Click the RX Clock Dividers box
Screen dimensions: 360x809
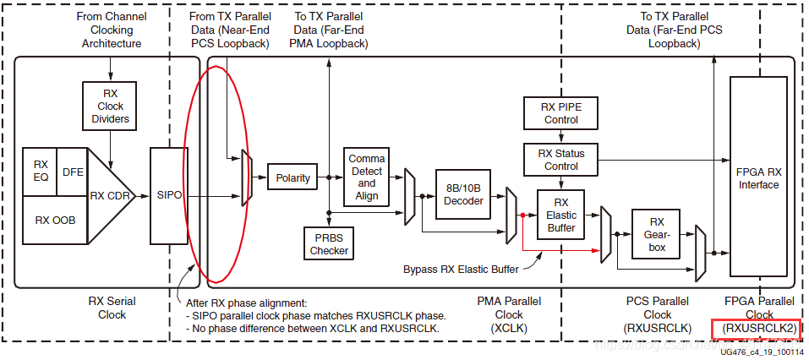[111, 106]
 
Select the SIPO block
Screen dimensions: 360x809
[169, 195]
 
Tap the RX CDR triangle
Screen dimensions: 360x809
[112, 195]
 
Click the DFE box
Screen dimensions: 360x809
[73, 171]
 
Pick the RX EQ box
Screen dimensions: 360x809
[41, 171]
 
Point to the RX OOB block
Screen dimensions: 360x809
[55, 220]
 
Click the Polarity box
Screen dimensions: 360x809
[292, 178]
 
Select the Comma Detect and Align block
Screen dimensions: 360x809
[366, 177]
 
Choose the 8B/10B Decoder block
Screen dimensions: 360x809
[463, 194]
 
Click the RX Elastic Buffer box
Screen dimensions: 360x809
[560, 215]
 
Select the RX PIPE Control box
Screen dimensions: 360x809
[560, 113]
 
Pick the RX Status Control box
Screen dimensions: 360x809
[560, 160]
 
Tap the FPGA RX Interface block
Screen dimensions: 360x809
[757, 178]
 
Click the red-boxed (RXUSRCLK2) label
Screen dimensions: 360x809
[757, 328]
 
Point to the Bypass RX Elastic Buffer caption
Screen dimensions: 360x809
[459, 270]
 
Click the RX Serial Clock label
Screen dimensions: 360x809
[112, 308]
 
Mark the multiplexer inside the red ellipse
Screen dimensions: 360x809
[246, 177]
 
